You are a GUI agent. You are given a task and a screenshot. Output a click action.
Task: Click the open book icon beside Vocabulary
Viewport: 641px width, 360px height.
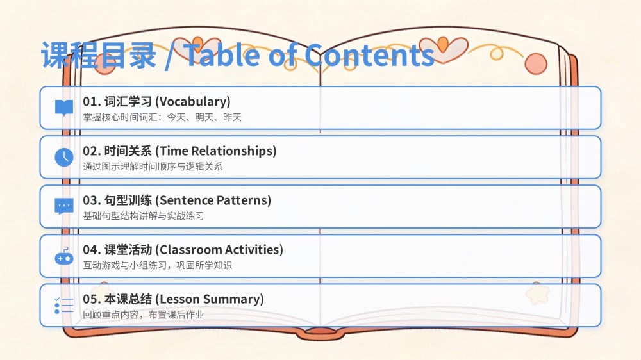(64, 108)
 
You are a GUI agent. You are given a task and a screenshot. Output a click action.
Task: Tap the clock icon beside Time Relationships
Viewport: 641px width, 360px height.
(64, 158)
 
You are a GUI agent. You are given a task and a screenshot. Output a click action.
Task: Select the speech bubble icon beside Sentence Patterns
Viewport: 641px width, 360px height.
(64, 206)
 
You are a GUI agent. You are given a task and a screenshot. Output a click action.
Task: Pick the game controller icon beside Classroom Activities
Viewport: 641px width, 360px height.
(64, 256)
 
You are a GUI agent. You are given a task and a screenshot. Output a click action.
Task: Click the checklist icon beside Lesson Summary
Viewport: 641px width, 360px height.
(64, 306)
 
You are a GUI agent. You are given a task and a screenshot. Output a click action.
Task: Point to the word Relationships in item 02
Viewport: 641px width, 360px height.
(233, 151)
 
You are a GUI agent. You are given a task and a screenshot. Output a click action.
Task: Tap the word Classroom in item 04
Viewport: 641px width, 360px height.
(190, 250)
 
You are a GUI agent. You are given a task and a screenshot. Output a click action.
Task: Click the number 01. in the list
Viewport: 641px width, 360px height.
(92, 102)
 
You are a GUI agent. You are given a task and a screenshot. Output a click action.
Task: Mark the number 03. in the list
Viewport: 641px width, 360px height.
(92, 200)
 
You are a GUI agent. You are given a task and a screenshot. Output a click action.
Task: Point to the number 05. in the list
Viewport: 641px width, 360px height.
(92, 300)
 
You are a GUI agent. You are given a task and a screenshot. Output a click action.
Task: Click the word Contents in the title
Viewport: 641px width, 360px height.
(369, 55)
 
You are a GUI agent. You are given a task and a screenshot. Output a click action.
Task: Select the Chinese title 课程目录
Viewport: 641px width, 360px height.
(99, 55)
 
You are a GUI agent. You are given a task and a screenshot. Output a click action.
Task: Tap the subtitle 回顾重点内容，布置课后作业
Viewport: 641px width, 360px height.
(144, 315)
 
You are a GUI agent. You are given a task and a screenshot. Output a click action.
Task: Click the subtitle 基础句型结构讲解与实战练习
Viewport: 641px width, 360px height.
(144, 216)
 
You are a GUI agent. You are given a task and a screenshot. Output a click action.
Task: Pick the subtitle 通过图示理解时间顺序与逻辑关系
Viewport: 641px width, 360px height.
(153, 167)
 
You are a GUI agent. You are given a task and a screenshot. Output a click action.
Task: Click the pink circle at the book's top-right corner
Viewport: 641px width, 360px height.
(536, 64)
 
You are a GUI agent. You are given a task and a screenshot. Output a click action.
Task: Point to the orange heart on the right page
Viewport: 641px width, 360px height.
(443, 44)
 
